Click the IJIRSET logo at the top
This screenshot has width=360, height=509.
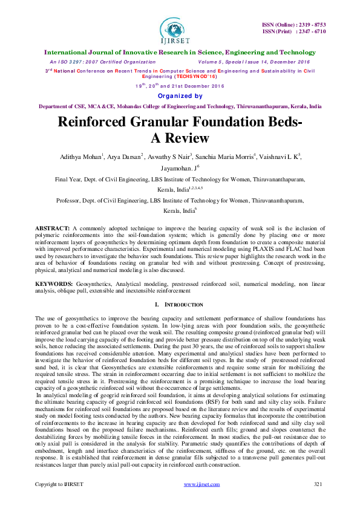pyautogui.click(x=180, y=30)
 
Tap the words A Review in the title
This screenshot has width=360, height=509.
pyautogui.click(x=180, y=137)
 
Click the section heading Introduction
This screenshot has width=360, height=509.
pyautogui.click(x=183, y=304)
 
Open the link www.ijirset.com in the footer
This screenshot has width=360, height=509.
pyautogui.click(x=201, y=501)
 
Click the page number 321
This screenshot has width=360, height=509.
pyautogui.click(x=319, y=501)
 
